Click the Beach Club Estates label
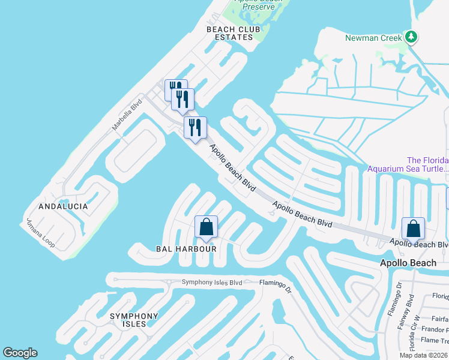click(230, 33)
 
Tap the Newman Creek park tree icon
click(411, 37)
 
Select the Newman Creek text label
click(373, 38)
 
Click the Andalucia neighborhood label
click(63, 206)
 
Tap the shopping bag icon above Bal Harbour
click(206, 227)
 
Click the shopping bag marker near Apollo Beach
click(413, 229)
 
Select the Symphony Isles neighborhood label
click(134, 320)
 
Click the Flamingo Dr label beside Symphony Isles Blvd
click(275, 283)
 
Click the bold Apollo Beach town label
click(408, 263)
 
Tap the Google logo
click(20, 353)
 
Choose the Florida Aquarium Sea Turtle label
click(427, 164)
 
